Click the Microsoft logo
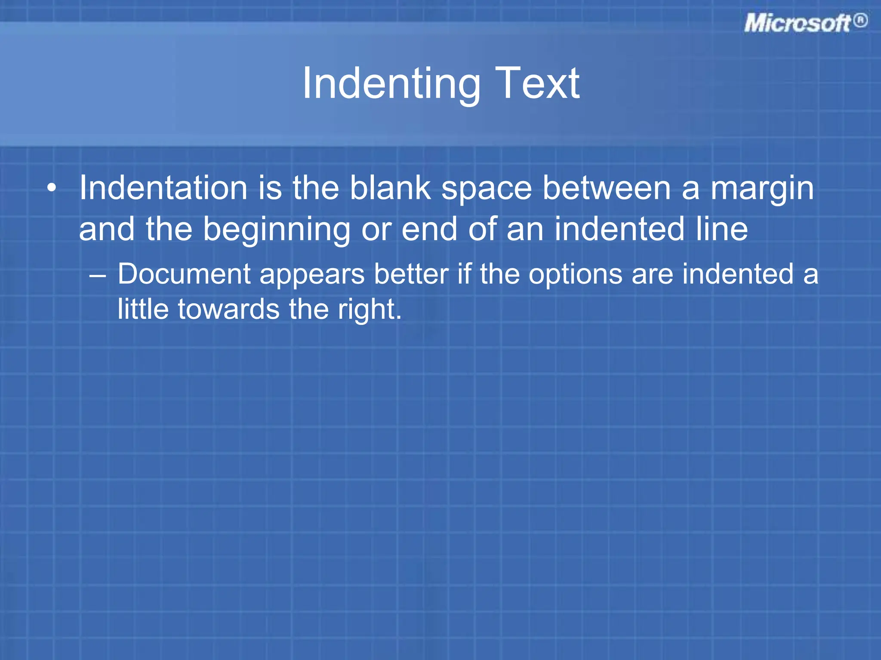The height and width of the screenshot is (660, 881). pos(798,23)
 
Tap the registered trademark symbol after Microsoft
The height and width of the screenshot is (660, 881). pos(860,21)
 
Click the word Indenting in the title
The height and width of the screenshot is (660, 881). pos(391,84)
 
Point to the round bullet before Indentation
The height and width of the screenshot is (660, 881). pos(52,188)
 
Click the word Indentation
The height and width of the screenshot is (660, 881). pos(163,188)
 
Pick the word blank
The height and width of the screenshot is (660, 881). pos(390,188)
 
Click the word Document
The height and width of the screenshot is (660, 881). pos(184,274)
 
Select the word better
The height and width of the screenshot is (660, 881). pos(411,274)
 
